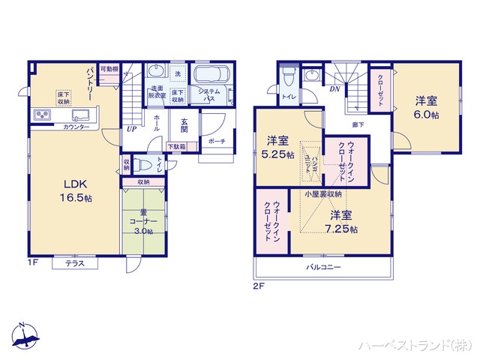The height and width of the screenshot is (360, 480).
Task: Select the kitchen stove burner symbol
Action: click(40, 115)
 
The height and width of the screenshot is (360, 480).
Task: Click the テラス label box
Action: click(74, 263)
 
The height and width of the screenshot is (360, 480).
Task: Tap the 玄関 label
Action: click(184, 123)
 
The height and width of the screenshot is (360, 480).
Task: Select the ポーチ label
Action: click(217, 141)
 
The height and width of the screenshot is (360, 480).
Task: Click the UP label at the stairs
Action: click(131, 128)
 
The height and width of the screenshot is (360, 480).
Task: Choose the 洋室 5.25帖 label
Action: click(277, 146)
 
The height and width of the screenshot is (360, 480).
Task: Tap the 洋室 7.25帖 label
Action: click(341, 223)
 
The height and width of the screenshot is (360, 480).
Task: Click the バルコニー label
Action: click(323, 267)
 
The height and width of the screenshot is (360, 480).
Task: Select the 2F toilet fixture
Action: click(289, 77)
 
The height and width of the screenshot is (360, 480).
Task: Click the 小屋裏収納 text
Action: click(323, 194)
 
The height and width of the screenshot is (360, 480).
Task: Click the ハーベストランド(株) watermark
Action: click(413, 344)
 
